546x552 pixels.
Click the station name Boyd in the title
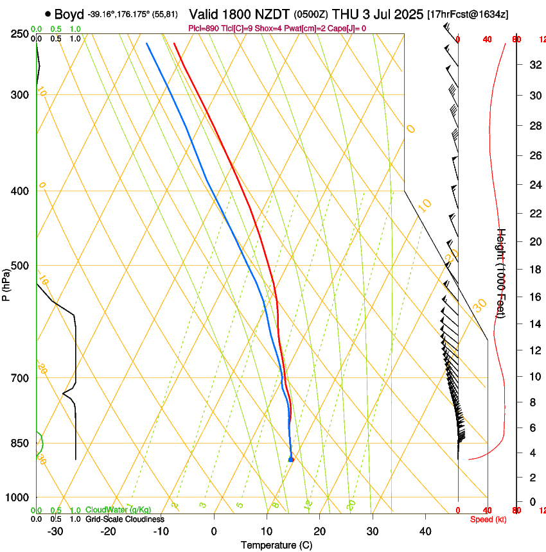pos(69,14)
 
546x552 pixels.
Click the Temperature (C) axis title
pos(276,545)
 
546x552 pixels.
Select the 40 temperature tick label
pos(425,531)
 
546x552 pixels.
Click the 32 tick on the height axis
pos(534,65)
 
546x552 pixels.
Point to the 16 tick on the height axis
pos(534,297)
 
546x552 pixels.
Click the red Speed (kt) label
pos(488,519)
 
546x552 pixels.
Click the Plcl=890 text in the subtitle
pos(203,28)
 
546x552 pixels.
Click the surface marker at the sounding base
pos(291,460)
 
